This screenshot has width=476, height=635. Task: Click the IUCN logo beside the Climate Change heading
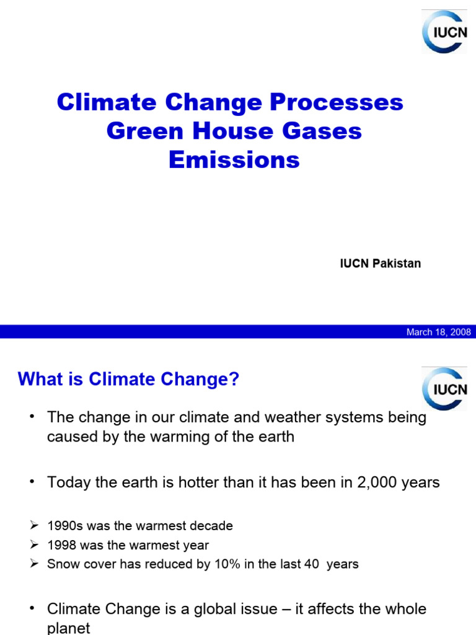(445, 389)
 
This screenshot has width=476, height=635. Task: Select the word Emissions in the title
(234, 160)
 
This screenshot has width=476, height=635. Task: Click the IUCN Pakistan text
(381, 264)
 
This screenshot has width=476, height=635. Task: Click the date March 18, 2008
(438, 332)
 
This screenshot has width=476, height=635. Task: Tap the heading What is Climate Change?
(128, 380)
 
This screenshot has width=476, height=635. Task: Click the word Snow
(61, 564)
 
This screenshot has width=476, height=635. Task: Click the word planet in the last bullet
(69, 628)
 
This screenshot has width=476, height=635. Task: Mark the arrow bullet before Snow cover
(35, 564)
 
